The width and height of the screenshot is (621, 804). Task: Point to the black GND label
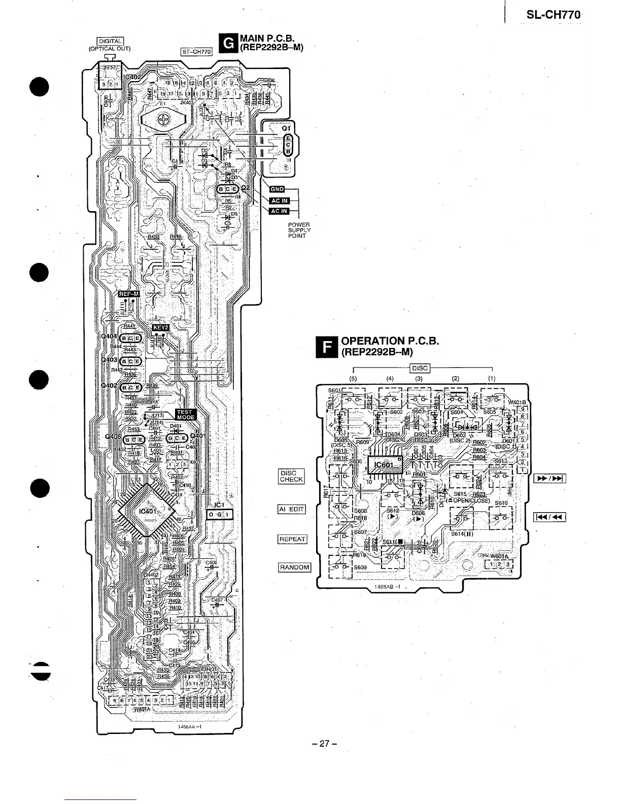click(x=277, y=189)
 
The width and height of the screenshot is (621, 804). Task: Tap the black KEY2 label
click(x=160, y=327)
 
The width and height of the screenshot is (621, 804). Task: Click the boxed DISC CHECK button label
click(x=291, y=476)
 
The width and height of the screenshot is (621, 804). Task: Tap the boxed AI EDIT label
click(x=292, y=510)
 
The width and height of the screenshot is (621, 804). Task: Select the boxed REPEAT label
click(x=292, y=539)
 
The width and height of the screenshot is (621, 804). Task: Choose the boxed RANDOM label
click(x=294, y=567)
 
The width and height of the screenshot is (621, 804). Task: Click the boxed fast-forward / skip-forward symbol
click(x=550, y=479)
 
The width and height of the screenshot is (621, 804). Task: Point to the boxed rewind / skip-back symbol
click(x=550, y=517)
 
